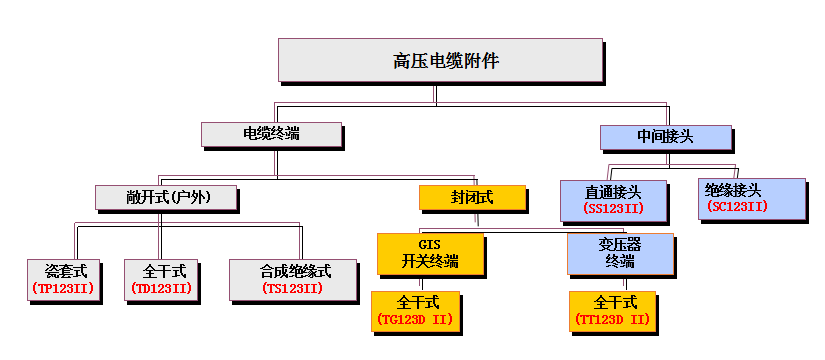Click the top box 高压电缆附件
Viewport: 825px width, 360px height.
pos(439,61)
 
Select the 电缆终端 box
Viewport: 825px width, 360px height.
pos(271,134)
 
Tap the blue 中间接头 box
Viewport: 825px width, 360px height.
pos(665,136)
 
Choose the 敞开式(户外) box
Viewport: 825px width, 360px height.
pos(167,196)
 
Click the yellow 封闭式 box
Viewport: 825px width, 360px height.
pos(471,197)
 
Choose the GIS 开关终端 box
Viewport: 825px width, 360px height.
pos(430,253)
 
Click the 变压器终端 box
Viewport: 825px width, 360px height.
pos(619,253)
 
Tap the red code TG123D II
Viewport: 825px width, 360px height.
pos(415,319)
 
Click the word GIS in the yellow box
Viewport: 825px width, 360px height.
pos(430,244)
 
